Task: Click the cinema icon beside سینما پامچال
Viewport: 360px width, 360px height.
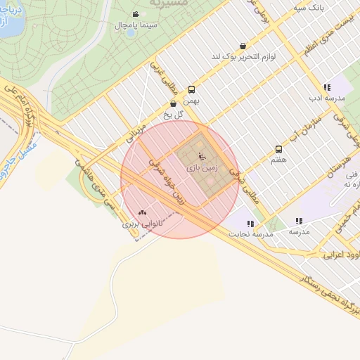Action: click(136, 14)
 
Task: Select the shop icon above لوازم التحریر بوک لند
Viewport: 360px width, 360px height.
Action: click(243, 46)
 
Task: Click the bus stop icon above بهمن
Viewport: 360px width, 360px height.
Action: click(191, 90)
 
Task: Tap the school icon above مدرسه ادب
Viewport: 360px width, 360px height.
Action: click(327, 87)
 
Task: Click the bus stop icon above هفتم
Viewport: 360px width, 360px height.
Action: click(278, 149)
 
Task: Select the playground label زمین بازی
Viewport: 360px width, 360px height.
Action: click(202, 169)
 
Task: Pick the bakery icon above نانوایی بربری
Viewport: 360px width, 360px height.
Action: click(143, 212)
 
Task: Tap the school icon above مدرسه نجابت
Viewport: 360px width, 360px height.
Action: click(250, 224)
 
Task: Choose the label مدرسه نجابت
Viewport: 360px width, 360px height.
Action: click(246, 235)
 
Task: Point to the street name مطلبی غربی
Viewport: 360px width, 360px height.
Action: click(162, 79)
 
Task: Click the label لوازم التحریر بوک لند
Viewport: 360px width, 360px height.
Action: click(243, 56)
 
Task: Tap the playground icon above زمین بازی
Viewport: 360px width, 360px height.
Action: click(202, 157)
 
